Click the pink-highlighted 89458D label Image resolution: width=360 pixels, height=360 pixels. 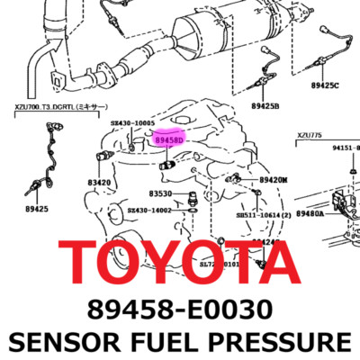168,140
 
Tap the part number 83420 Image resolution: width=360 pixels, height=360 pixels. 99,183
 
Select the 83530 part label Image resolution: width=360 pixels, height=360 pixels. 160,193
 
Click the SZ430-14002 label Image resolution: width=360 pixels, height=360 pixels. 148,210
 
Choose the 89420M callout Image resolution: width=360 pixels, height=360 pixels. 273,180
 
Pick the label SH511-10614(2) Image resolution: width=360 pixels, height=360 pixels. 264,216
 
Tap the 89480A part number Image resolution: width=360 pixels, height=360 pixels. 310,214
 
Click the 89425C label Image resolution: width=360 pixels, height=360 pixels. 326,86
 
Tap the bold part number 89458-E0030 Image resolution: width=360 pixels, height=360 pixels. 179,309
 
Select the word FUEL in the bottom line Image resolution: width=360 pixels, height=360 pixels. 172,342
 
